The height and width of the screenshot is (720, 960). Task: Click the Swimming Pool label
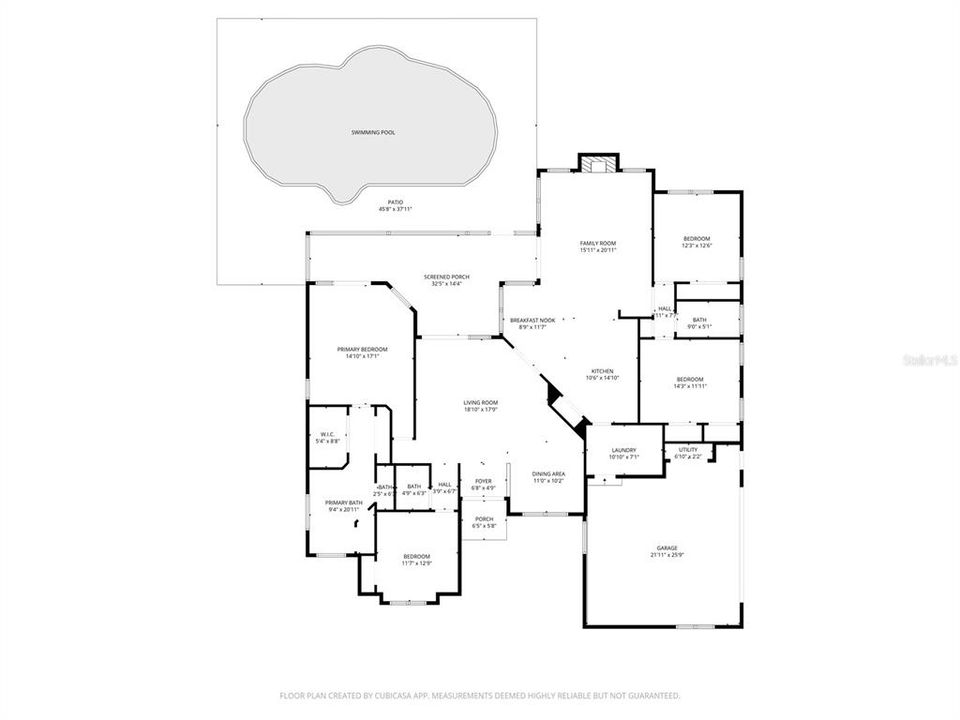click(x=372, y=132)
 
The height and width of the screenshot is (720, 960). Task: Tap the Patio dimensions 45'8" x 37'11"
click(x=395, y=209)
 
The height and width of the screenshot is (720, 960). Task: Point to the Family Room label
click(x=598, y=243)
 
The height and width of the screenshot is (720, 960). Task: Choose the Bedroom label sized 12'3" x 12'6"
click(x=696, y=239)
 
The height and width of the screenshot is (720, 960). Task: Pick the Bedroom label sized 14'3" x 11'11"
click(x=690, y=379)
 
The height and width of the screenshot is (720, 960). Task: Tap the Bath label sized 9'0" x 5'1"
click(x=698, y=320)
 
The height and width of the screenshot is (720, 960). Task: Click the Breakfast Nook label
click(x=532, y=320)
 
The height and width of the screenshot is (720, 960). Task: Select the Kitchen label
click(x=602, y=371)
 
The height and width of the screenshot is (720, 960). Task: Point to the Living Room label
click(x=481, y=403)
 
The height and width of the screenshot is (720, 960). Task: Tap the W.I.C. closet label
click(x=327, y=434)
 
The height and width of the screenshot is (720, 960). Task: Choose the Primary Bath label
click(x=343, y=502)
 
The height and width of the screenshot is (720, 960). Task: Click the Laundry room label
click(x=624, y=450)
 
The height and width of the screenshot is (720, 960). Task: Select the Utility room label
click(x=688, y=450)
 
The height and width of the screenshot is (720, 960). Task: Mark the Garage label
click(x=667, y=547)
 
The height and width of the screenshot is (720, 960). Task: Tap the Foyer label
click(x=483, y=481)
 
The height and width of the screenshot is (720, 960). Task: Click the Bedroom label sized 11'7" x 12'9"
click(x=416, y=556)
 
